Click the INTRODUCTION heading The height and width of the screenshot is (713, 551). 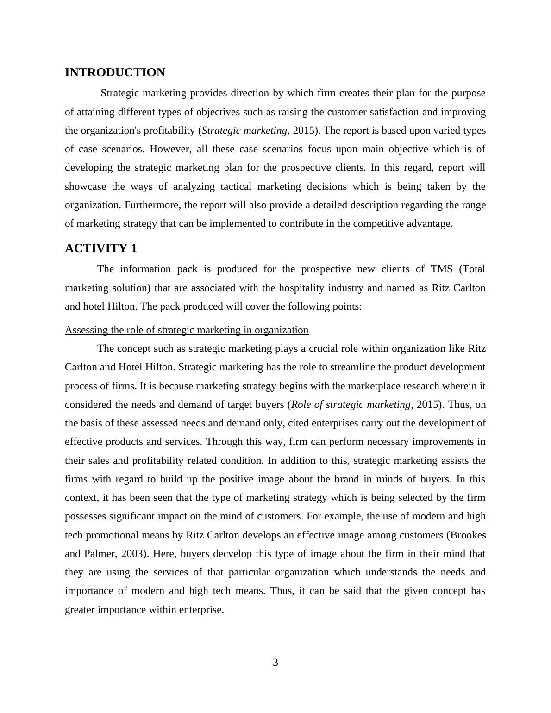pyautogui.click(x=115, y=73)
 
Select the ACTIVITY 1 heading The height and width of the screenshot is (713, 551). pyautogui.click(x=101, y=249)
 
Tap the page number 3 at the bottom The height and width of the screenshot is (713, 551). pyautogui.click(x=275, y=663)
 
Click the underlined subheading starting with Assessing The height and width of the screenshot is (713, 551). pyautogui.click(x=187, y=330)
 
